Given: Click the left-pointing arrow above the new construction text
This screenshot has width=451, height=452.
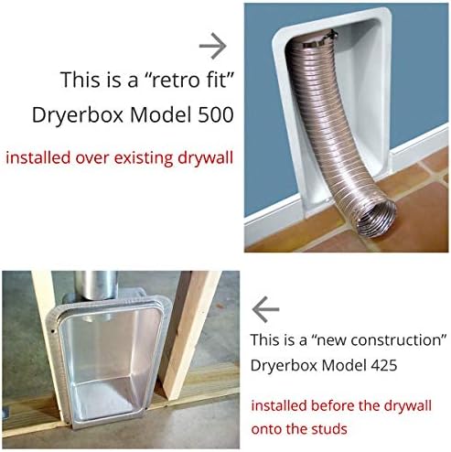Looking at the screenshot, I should (265, 309).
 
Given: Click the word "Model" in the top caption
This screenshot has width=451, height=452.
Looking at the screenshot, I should (155, 117).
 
